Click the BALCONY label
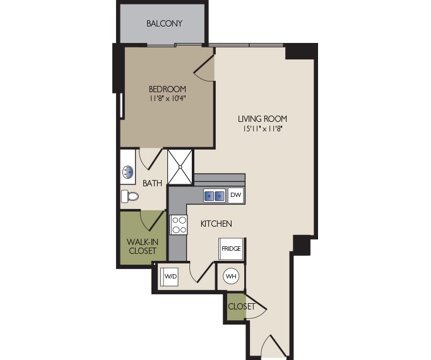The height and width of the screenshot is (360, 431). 164,24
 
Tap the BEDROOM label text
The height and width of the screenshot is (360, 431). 167,88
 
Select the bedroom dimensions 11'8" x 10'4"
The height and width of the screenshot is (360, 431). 167,99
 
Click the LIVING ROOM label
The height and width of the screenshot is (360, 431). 263,118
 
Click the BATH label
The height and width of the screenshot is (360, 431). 152,184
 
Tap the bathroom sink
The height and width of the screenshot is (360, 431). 128,171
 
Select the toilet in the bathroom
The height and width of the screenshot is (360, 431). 129,196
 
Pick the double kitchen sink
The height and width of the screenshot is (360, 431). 214,196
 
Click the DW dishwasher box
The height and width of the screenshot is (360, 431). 235,196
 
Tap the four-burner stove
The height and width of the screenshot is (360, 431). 179,224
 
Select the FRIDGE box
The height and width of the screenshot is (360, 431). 231,249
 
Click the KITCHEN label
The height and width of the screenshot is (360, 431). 216,224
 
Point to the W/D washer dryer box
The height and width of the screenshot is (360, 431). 170,277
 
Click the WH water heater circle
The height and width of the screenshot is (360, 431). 230,277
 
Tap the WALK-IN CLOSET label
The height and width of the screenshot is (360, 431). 142,246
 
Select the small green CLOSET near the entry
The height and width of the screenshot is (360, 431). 237,307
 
